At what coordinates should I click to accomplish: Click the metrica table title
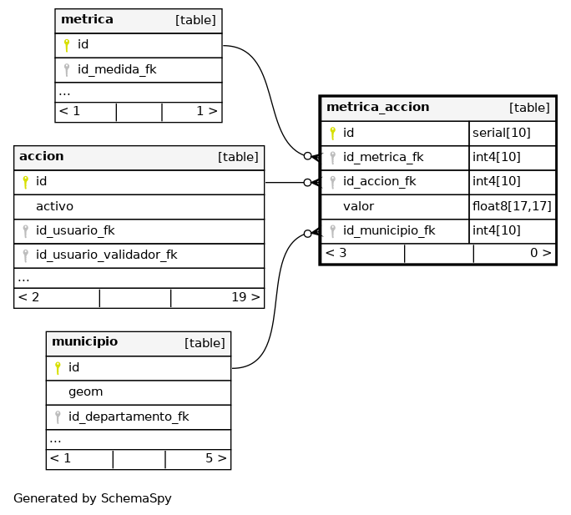pos(87,19)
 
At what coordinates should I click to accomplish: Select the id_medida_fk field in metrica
pos(117,69)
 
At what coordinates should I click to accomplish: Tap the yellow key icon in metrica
pos(66,45)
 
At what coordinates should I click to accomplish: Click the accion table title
pos(42,156)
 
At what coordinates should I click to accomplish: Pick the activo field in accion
pos(54,206)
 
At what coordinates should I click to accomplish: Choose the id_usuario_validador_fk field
pos(106,255)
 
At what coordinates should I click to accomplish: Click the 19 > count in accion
pos(245,297)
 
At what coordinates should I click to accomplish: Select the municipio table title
pos(85,341)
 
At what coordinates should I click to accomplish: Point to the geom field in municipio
pos(86,392)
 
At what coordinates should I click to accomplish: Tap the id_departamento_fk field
pos(129,417)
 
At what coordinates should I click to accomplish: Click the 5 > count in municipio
pos(216,458)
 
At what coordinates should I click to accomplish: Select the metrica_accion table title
pos(377,107)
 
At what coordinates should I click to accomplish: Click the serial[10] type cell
pos(502,133)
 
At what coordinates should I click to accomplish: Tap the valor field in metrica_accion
pos(358,206)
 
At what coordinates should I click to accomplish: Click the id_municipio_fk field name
pos(389,230)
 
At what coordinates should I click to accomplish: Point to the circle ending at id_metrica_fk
pos(308,156)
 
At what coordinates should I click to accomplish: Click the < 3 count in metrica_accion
pos(336,253)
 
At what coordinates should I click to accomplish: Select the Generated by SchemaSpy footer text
pos(93,498)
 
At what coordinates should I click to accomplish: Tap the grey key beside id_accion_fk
pos(332,182)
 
